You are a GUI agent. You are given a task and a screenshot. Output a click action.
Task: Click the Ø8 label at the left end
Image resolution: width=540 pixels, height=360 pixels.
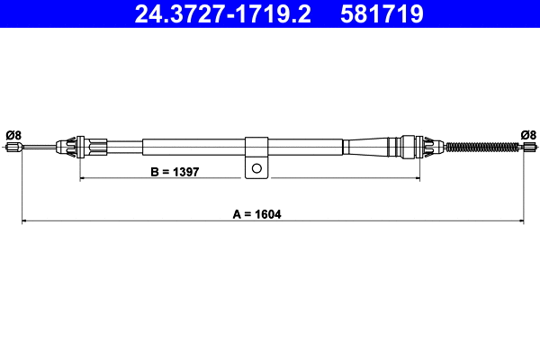13,135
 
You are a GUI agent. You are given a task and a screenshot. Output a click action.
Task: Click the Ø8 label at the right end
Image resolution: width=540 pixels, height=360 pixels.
528,135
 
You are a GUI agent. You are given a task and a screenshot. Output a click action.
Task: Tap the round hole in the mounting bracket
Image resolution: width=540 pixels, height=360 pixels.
257,167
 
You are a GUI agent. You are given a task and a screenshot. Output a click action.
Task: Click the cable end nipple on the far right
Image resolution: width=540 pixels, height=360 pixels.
530,148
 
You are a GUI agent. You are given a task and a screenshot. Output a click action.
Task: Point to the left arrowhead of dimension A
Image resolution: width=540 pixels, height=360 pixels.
25,220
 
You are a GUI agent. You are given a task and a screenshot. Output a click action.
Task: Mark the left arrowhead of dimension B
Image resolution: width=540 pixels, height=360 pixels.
85,179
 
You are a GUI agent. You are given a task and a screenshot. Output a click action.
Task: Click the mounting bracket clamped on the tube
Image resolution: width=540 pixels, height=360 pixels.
256,153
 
